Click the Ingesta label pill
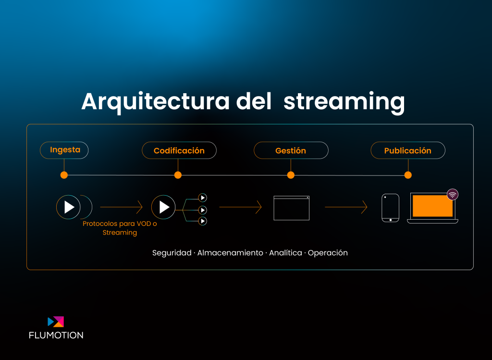point(64,150)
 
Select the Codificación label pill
point(179,150)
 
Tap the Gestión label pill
point(291,150)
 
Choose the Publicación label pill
point(408,150)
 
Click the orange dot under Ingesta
point(64,175)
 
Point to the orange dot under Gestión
point(291,175)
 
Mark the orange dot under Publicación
point(408,175)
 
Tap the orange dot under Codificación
point(178,175)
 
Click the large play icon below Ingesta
point(68,207)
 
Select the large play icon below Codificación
point(163,207)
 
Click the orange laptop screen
point(433,206)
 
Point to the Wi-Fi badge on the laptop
point(453,195)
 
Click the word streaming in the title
point(344,102)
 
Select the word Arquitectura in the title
point(156,102)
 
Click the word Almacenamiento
point(230,253)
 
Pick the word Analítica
point(285,253)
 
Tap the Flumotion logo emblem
point(56,322)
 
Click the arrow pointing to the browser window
point(240,207)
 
